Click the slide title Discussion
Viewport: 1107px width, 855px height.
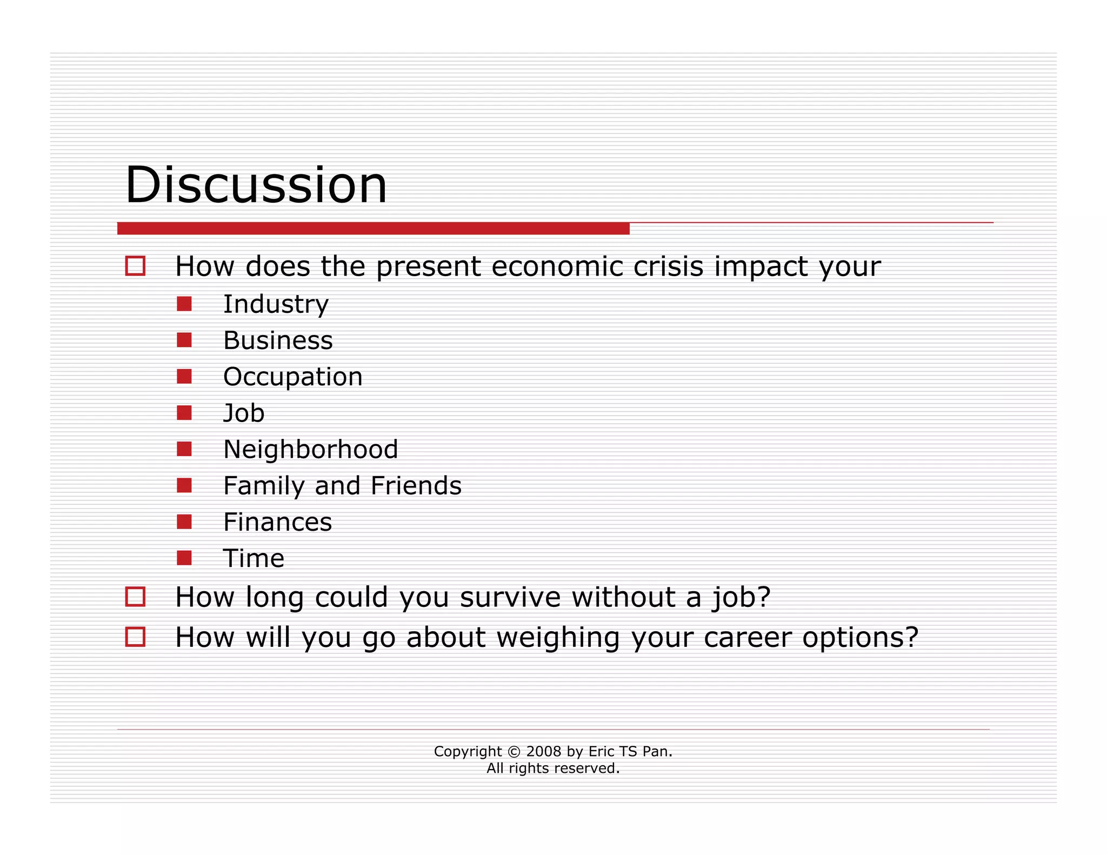tap(256, 185)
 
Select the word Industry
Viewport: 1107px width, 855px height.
tap(276, 304)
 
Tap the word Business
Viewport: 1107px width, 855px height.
tap(278, 340)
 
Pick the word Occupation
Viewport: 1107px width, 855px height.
tap(292, 377)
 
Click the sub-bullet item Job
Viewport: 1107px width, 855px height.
tap(244, 413)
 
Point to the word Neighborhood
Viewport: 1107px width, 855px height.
tap(310, 450)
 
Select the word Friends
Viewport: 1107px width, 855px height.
tap(416, 485)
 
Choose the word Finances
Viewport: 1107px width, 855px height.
tap(277, 522)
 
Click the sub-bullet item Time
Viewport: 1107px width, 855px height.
tap(254, 558)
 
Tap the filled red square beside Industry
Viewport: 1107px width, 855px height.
tap(184, 304)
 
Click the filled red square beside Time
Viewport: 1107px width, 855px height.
tap(184, 558)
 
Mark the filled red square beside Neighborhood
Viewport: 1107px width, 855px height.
tap(184, 449)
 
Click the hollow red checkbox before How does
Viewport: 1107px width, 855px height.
tap(135, 266)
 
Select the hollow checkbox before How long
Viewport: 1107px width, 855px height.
tap(135, 597)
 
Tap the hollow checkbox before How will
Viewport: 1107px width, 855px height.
tap(135, 637)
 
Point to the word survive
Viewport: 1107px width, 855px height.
tap(510, 597)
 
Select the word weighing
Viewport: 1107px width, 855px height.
tap(557, 638)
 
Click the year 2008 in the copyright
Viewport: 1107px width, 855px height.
tap(543, 751)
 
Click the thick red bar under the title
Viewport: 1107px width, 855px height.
tap(373, 229)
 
